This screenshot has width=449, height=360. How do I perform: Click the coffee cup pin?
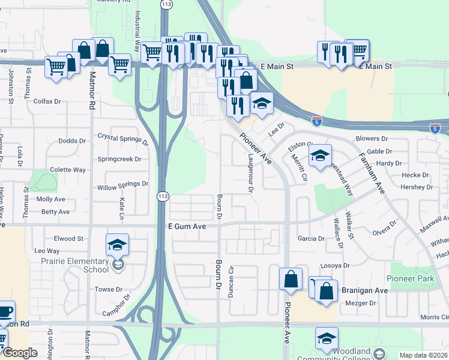point(5,311)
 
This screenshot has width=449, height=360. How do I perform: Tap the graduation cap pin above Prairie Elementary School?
point(118,245)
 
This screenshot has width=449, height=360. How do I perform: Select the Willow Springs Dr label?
point(122,184)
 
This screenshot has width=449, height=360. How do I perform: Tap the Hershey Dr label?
point(417,187)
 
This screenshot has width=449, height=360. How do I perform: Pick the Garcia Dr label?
point(311,238)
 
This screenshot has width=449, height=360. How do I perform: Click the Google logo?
point(20,353)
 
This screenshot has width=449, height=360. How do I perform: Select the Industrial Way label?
point(137,30)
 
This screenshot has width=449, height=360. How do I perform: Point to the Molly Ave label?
point(50,199)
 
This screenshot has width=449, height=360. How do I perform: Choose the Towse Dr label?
point(109,289)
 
